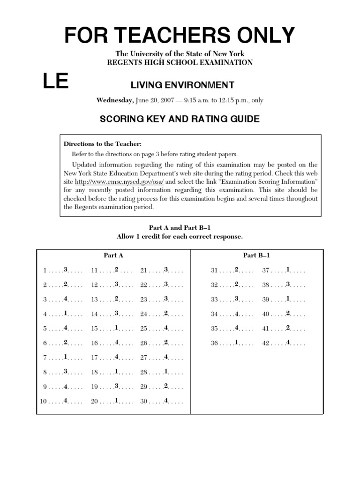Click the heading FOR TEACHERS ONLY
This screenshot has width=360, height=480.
[x=180, y=35]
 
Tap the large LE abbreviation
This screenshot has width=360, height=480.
[x=56, y=82]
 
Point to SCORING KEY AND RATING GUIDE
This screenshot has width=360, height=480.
[x=180, y=119]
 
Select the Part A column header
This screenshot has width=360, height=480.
[x=113, y=255]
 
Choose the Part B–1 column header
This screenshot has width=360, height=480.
[x=256, y=255]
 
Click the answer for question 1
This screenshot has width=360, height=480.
[x=66, y=270]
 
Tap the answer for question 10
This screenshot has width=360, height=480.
[x=66, y=401]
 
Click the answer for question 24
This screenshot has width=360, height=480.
[x=166, y=314]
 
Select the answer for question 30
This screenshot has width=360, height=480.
[x=166, y=401]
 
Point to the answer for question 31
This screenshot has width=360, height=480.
[x=237, y=270]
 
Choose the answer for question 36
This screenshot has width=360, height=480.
[x=237, y=343]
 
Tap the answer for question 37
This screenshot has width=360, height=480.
[x=288, y=270]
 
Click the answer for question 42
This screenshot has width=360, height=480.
[x=288, y=343]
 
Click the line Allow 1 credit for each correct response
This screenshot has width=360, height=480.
[x=180, y=237]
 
